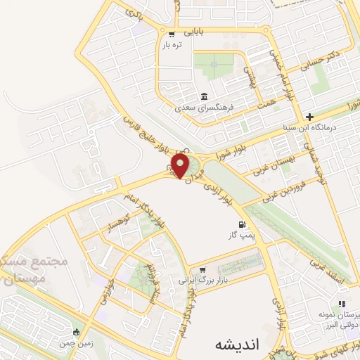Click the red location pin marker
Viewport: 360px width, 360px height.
[181, 165]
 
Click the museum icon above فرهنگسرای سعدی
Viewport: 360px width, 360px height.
[204, 96]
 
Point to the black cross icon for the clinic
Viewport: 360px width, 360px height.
[309, 117]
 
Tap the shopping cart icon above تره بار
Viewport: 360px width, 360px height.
[172, 33]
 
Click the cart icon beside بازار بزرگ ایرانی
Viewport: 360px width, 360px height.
[202, 269]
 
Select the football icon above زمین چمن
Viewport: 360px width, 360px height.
[77, 332]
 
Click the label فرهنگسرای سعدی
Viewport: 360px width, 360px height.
[204, 108]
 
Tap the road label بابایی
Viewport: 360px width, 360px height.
[193, 32]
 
